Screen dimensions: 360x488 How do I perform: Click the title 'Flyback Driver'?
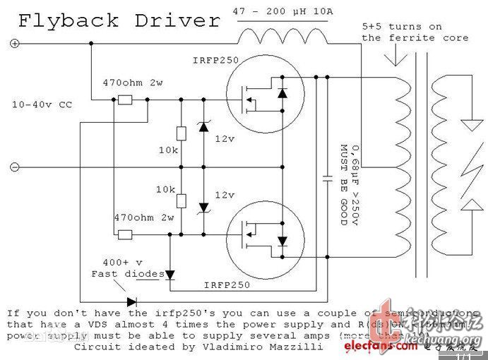tap(119, 20)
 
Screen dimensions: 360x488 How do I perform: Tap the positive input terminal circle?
tap(13, 44)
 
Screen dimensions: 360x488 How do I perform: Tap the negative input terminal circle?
tap(13, 167)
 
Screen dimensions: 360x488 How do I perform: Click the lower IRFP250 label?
tap(227, 284)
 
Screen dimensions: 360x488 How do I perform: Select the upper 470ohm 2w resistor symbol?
tap(124, 100)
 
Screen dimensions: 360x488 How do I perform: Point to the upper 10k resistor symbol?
tap(181, 133)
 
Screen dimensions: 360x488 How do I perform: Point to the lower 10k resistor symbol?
tap(181, 200)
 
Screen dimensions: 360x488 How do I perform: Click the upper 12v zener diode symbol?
tap(204, 126)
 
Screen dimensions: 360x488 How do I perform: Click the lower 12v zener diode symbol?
tap(204, 207)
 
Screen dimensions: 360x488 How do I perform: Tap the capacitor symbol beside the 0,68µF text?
tap(326, 179)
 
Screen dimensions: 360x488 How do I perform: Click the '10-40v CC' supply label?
tap(42, 104)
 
